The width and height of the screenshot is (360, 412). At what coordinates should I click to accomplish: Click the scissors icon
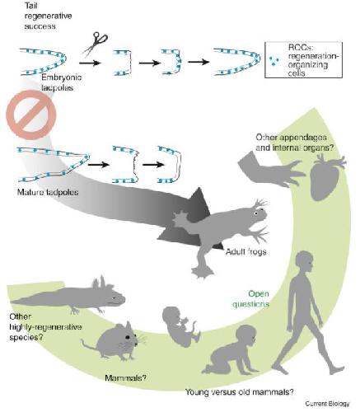96,44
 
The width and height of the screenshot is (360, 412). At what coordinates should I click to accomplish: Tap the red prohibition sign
30,115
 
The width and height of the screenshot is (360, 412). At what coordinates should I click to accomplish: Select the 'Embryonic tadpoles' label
61,82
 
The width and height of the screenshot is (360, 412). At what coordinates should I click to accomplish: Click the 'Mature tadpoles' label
48,192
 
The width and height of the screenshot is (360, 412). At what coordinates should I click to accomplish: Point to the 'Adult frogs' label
245,251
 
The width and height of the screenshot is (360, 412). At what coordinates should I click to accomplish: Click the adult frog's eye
256,213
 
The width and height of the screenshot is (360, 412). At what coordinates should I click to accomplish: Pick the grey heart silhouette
327,177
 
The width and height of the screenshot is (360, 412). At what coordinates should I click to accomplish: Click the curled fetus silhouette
178,326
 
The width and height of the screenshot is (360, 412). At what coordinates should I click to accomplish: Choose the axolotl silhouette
68,296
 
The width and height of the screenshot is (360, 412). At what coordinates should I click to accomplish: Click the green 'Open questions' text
250,299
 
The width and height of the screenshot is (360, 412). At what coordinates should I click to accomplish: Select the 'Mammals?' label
125,378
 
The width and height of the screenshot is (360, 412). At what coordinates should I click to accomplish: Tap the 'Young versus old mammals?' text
240,392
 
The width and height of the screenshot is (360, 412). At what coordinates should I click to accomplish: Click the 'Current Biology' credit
327,404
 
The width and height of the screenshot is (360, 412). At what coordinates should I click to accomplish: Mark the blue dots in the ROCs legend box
274,61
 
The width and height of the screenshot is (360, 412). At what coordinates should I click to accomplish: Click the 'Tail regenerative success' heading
48,16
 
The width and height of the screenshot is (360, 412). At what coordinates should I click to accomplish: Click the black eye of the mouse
127,337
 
